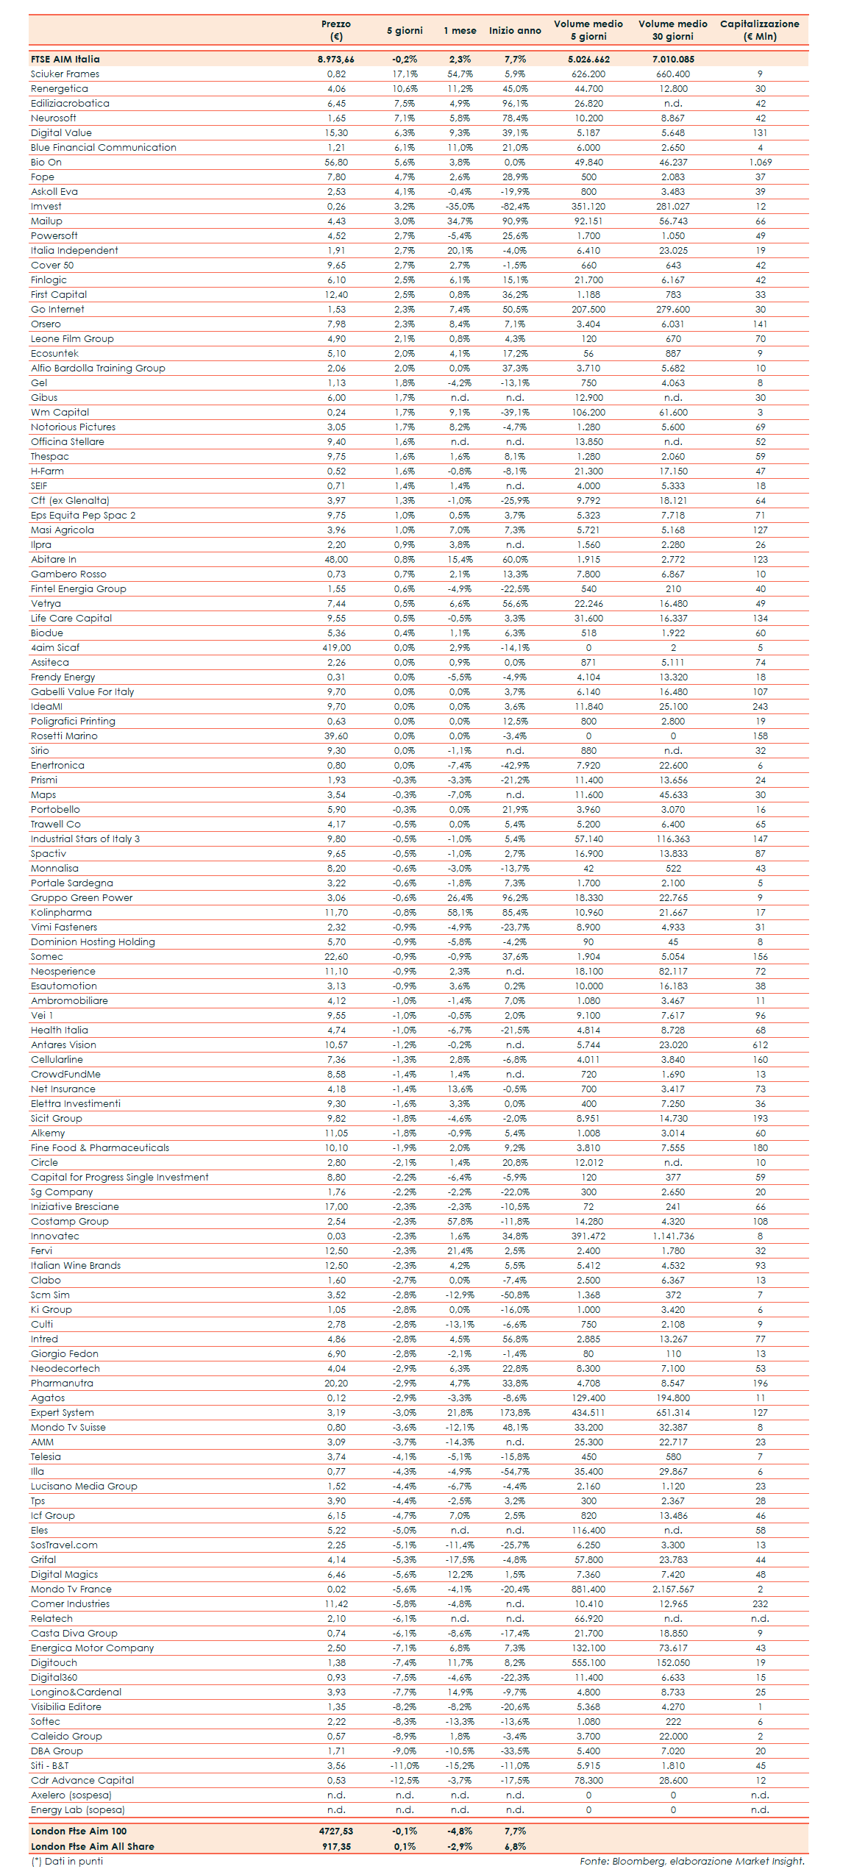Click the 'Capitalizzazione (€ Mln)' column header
coord(759,30)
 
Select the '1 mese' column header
coord(460,31)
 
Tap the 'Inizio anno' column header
coord(515,31)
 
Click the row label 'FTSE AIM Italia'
coord(65,60)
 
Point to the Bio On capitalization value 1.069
coord(760,163)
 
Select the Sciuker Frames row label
coord(65,74)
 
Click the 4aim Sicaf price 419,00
coord(336,648)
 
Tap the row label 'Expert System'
coord(63,1413)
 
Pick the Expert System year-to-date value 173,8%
coord(515,1413)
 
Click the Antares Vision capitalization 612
coord(760,1045)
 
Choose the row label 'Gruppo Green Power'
coord(82,898)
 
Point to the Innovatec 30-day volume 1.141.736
coord(672,1236)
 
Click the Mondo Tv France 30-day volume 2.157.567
coord(672,1589)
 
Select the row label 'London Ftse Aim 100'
coord(79,1831)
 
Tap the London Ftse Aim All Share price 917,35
coord(336,1846)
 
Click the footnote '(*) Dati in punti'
coord(67,1861)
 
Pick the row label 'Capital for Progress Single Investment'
coord(120,1178)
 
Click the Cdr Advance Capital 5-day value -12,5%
coord(405,1781)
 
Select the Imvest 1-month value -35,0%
coord(460,207)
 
